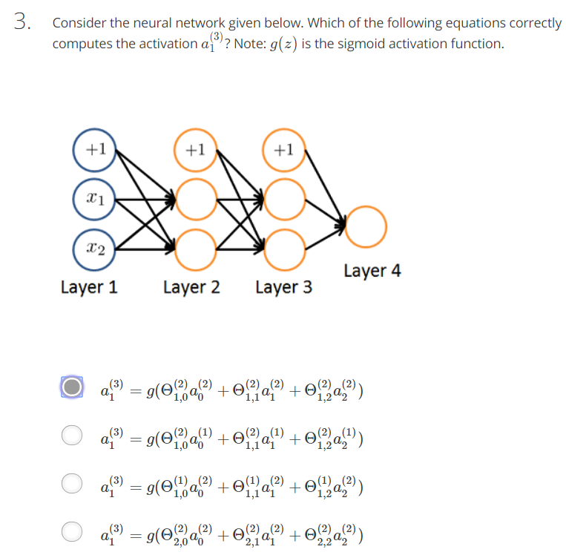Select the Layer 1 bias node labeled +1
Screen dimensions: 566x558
(x=95, y=149)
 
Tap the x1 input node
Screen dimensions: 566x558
(x=95, y=199)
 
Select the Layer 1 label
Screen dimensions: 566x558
(x=89, y=287)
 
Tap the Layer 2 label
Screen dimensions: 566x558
(x=191, y=287)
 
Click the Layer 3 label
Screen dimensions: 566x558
(x=283, y=287)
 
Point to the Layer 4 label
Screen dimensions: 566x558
(x=372, y=271)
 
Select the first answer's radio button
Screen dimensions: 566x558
(x=72, y=387)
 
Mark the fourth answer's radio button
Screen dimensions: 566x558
(x=72, y=531)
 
